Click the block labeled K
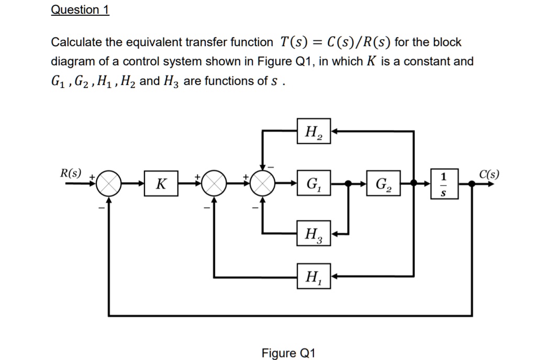161,184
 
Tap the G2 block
383,184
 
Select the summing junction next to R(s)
110,184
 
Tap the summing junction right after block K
214,184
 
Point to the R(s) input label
71,173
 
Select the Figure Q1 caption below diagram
288,353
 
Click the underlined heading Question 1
80,10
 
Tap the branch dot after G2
414,184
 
